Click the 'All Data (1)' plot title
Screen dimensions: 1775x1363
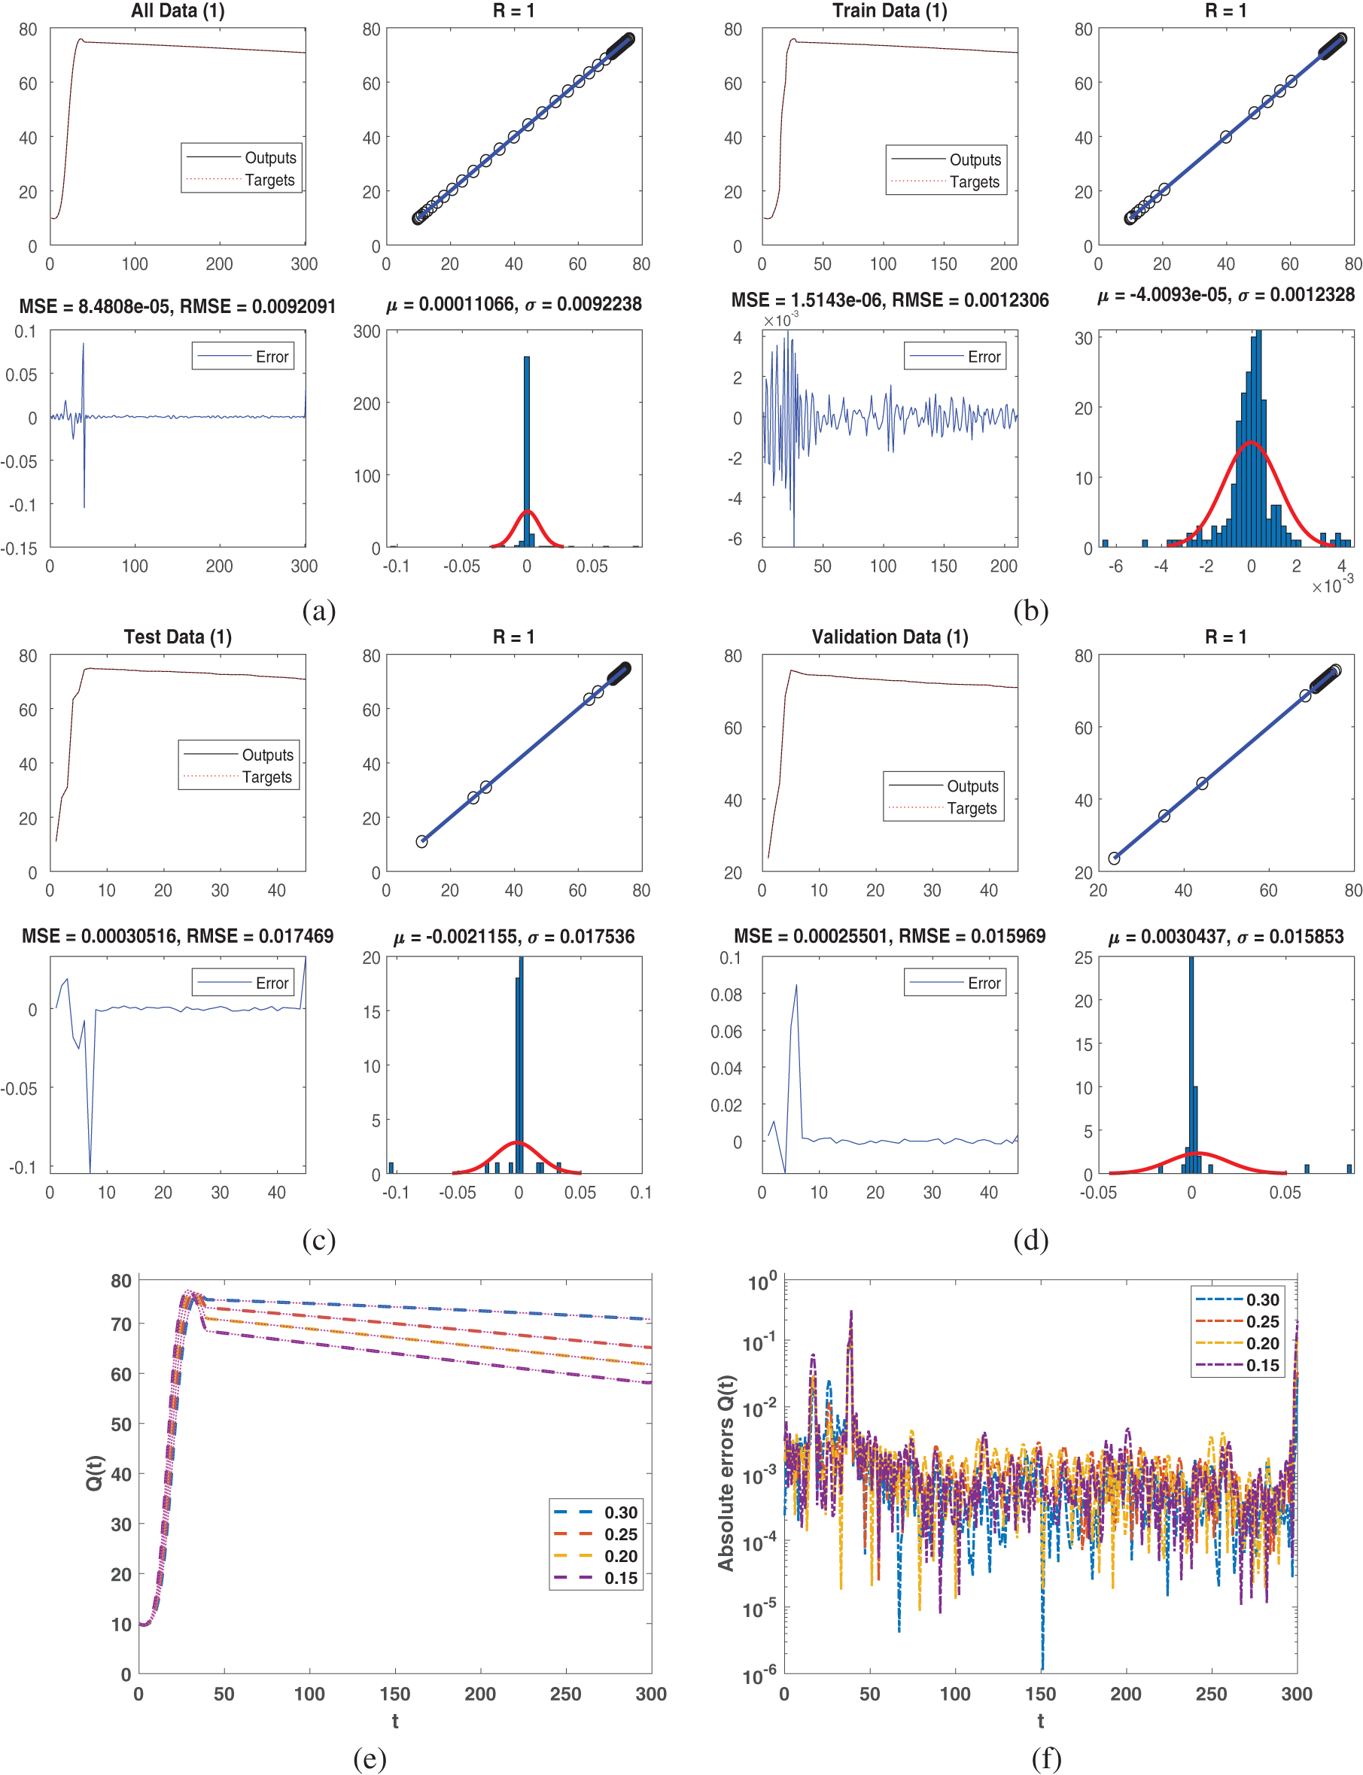point(178,11)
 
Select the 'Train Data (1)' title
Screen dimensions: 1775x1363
point(889,11)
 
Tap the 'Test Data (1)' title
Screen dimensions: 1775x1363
point(178,637)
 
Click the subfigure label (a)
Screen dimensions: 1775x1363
point(318,609)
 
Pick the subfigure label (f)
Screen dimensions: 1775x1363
point(1046,1757)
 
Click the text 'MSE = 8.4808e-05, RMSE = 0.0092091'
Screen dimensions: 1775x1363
point(178,305)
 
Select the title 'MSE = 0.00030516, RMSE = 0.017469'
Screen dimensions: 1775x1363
point(178,936)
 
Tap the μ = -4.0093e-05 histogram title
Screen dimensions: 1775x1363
point(1225,295)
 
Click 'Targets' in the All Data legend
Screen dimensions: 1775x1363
point(269,180)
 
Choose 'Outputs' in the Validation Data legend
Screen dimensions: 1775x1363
point(972,786)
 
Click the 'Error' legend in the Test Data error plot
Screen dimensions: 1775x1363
point(272,983)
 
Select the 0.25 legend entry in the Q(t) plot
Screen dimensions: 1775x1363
point(621,1534)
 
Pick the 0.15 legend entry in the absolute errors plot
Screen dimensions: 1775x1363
point(1262,1366)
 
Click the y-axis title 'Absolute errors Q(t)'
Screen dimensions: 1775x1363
point(726,1473)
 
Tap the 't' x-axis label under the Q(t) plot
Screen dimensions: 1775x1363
point(395,1721)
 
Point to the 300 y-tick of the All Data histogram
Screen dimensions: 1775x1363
point(367,332)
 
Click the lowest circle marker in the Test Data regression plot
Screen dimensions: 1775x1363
point(422,842)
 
